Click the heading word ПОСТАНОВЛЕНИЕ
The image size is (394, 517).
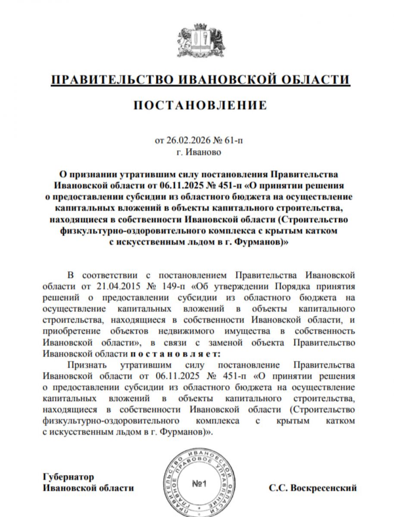coord(200,105)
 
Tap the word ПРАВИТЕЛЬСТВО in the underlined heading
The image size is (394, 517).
coord(109,80)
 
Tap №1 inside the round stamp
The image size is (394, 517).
coord(200,484)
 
